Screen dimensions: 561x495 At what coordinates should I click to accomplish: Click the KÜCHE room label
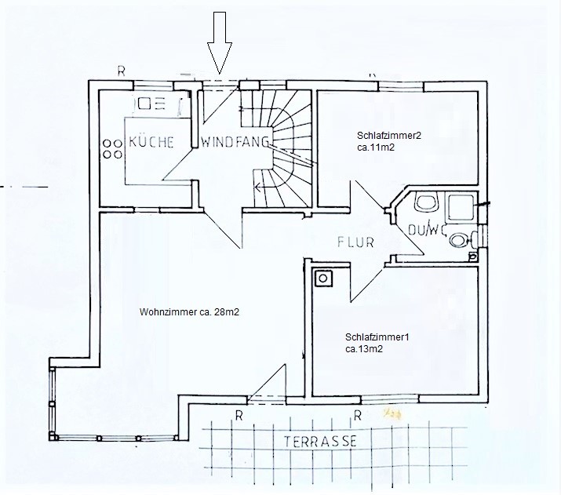(151, 142)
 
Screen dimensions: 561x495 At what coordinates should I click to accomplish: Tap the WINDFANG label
(235, 142)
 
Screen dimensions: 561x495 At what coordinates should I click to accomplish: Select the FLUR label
(355, 242)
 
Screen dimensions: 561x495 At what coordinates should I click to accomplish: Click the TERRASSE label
(321, 442)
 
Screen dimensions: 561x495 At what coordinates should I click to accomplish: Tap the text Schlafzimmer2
(389, 136)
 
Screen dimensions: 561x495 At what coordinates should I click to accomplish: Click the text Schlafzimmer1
(377, 337)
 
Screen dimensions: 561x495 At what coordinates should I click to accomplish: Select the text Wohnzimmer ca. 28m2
(189, 312)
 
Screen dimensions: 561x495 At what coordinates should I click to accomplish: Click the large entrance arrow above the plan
(220, 43)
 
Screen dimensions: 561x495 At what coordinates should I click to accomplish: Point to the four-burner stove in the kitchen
(112, 149)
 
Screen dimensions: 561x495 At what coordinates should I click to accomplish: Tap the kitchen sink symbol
(149, 104)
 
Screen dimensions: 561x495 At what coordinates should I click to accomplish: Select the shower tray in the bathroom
(461, 207)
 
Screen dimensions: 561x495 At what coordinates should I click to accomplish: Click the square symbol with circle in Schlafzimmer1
(323, 278)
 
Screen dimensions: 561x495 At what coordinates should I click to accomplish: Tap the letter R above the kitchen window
(122, 71)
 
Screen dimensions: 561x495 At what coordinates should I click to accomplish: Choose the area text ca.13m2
(364, 349)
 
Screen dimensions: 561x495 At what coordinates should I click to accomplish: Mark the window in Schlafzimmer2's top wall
(401, 86)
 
